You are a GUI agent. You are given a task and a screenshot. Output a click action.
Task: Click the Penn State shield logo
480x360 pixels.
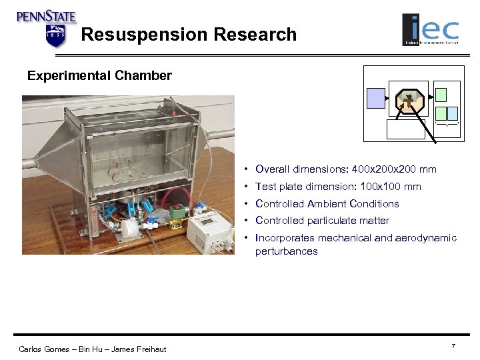56,35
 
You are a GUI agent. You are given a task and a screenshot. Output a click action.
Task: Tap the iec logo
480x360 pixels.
430,30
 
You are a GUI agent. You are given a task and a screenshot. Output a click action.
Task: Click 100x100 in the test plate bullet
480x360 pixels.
377,187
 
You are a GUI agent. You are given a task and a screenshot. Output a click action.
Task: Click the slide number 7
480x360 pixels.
453,345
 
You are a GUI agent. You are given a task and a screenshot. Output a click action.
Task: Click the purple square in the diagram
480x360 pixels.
376,98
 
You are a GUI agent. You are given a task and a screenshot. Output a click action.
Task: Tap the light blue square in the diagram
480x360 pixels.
453,113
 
